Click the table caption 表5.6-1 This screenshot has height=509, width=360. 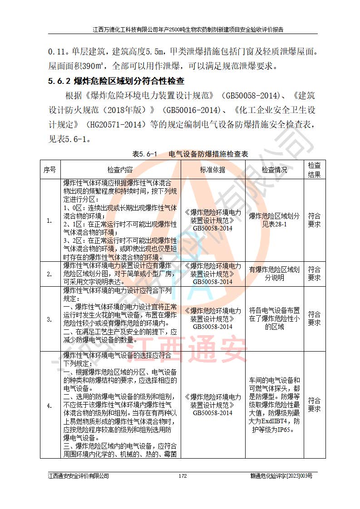tap(144, 154)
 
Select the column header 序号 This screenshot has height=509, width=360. tap(50, 170)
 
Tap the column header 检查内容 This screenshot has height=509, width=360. tap(120, 170)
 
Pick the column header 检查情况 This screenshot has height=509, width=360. tap(274, 170)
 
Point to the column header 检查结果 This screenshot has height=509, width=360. tap(314, 170)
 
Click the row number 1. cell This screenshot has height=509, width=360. tap(50, 221)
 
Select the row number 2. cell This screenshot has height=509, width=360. tap(50, 274)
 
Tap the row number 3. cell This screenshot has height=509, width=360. tap(50, 319)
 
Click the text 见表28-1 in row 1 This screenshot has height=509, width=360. tap(274, 225)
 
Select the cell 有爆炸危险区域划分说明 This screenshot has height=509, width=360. tap(274, 274)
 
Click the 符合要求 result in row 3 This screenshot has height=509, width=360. tap(314, 318)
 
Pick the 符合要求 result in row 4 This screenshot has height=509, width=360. tap(314, 405)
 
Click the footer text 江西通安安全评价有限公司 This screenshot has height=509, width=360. tap(79, 476)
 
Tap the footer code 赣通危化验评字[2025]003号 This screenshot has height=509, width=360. tap(281, 476)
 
